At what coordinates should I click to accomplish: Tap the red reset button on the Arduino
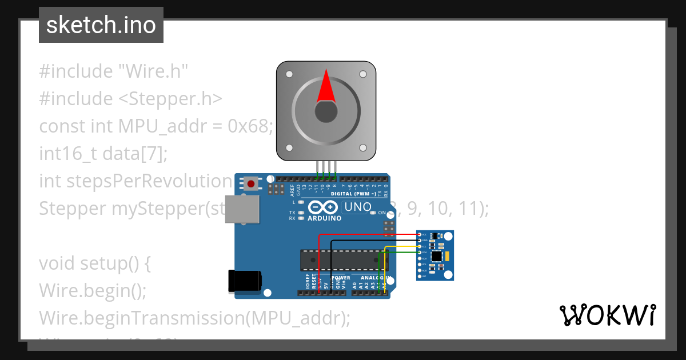[x=250, y=183]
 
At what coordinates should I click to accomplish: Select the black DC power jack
[x=245, y=281]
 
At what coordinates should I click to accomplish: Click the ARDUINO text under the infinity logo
[x=324, y=218]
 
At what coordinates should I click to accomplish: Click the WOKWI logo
[x=607, y=315]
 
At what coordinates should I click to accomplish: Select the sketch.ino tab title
[x=101, y=25]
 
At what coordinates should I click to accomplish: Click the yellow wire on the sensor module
[x=400, y=246]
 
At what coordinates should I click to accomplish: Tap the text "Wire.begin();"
[x=93, y=290]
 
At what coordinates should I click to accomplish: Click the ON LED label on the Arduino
[x=381, y=213]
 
